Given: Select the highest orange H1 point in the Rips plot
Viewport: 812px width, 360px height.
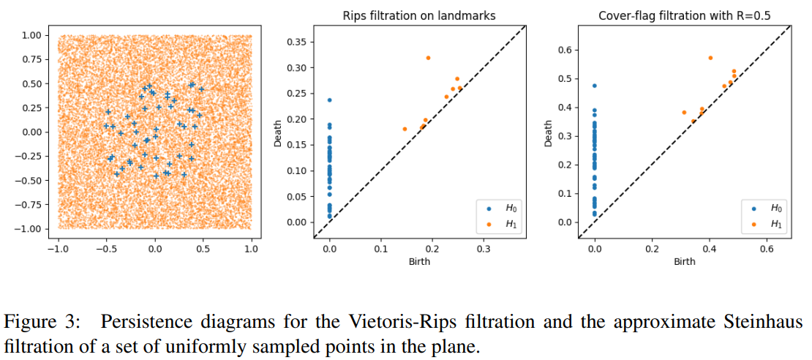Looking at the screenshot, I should (x=428, y=58).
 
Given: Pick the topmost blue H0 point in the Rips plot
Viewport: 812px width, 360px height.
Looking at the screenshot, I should (x=329, y=100).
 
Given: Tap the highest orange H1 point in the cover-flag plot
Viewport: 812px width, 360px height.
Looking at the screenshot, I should (x=710, y=58).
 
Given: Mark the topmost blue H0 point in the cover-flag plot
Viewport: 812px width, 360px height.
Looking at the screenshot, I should (x=595, y=86).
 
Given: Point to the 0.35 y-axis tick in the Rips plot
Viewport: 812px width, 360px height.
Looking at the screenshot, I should (x=297, y=42).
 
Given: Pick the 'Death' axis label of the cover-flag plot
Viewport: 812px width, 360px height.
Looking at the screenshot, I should (x=549, y=132).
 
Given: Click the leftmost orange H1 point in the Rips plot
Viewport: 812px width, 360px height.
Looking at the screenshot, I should (x=405, y=129).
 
